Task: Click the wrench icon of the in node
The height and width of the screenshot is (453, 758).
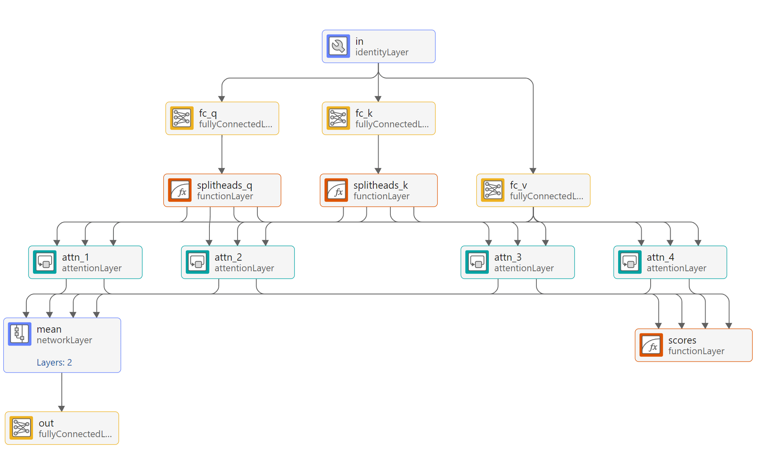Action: click(x=338, y=46)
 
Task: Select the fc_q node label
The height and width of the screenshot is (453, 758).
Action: click(x=208, y=113)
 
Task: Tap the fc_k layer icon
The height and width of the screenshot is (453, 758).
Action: click(x=338, y=118)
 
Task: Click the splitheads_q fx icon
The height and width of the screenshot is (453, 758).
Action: click(x=180, y=190)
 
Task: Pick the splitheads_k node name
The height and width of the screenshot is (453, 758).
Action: click(x=380, y=185)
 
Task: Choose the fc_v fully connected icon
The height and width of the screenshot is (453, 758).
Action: click(x=492, y=190)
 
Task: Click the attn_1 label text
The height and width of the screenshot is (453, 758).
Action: click(x=76, y=257)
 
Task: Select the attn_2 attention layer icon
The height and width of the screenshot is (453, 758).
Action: click(x=197, y=262)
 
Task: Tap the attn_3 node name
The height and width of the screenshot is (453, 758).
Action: click(x=508, y=257)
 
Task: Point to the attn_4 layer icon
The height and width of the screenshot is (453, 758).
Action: click(x=629, y=262)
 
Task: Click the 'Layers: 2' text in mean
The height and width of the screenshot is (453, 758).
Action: click(x=54, y=362)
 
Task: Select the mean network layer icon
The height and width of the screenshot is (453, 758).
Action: click(x=20, y=334)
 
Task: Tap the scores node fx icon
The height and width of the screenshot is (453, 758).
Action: click(x=651, y=345)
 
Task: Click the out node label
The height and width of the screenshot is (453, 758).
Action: click(x=46, y=423)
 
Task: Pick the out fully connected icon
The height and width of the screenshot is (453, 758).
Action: click(x=21, y=428)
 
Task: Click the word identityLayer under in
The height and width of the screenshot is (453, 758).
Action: click(x=381, y=52)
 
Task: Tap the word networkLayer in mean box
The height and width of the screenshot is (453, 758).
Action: click(x=64, y=340)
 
